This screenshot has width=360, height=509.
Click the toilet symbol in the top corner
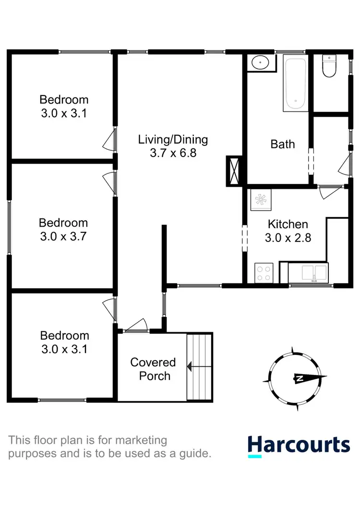[330, 66]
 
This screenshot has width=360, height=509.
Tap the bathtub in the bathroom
[295, 83]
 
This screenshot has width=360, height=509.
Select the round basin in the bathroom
[262, 62]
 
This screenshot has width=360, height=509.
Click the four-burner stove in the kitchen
[264, 273]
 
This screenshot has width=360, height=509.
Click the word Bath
[283, 144]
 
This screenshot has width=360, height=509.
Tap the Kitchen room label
[288, 224]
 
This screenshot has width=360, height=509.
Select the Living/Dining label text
[173, 140]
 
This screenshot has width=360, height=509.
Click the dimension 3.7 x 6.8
[173, 154]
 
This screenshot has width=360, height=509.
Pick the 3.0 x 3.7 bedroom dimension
[63, 236]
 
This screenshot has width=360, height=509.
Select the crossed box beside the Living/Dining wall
[234, 171]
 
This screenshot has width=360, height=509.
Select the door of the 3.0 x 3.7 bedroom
[109, 182]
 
